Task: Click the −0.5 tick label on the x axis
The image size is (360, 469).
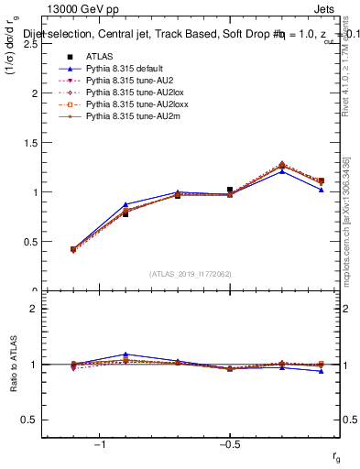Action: (x=230, y=443)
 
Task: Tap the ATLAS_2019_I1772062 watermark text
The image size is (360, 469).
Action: (x=191, y=274)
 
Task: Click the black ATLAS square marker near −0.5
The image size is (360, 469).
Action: (x=230, y=190)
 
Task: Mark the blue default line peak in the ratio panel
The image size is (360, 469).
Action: (x=125, y=354)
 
